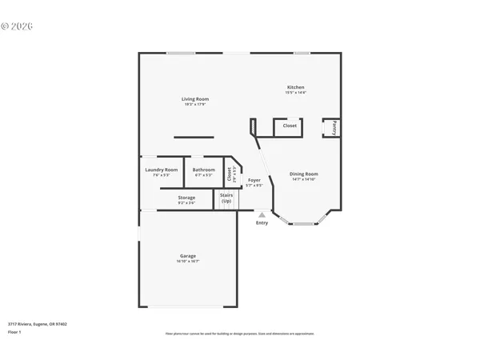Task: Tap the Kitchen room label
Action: point(295,87)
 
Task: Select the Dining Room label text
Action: point(303,174)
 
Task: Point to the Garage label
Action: point(187,256)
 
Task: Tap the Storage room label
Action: point(186,197)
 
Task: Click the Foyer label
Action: point(254,181)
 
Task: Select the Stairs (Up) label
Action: point(226,198)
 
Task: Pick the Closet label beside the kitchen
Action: point(290,126)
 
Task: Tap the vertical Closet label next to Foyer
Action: point(228,172)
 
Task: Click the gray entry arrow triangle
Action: point(262,214)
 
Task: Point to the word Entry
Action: point(262,222)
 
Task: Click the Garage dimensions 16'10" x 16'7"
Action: point(187,262)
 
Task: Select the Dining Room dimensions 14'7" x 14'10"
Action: point(303,179)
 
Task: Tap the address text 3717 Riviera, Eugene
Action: point(37,324)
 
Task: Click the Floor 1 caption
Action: point(15,330)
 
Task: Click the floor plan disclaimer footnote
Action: point(240,333)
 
